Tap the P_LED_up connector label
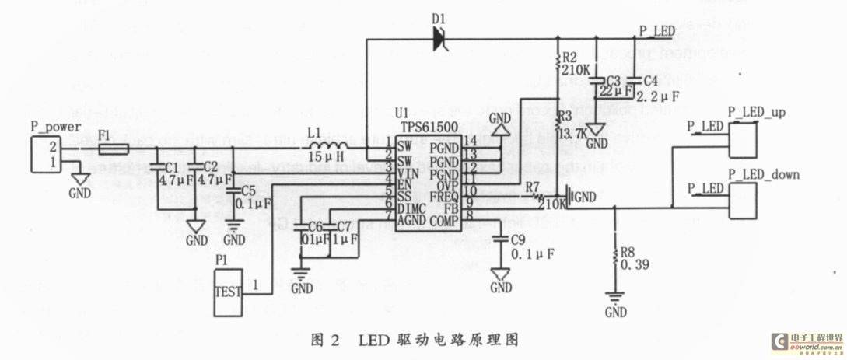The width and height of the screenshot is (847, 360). tap(756, 113)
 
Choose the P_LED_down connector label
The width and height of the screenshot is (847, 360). tap(762, 174)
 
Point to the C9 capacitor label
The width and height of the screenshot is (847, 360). tap(520, 240)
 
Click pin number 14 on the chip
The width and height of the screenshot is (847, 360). tap(469, 140)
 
